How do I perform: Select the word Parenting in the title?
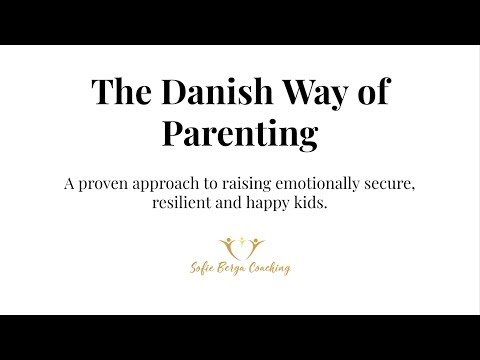pos(240,134)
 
